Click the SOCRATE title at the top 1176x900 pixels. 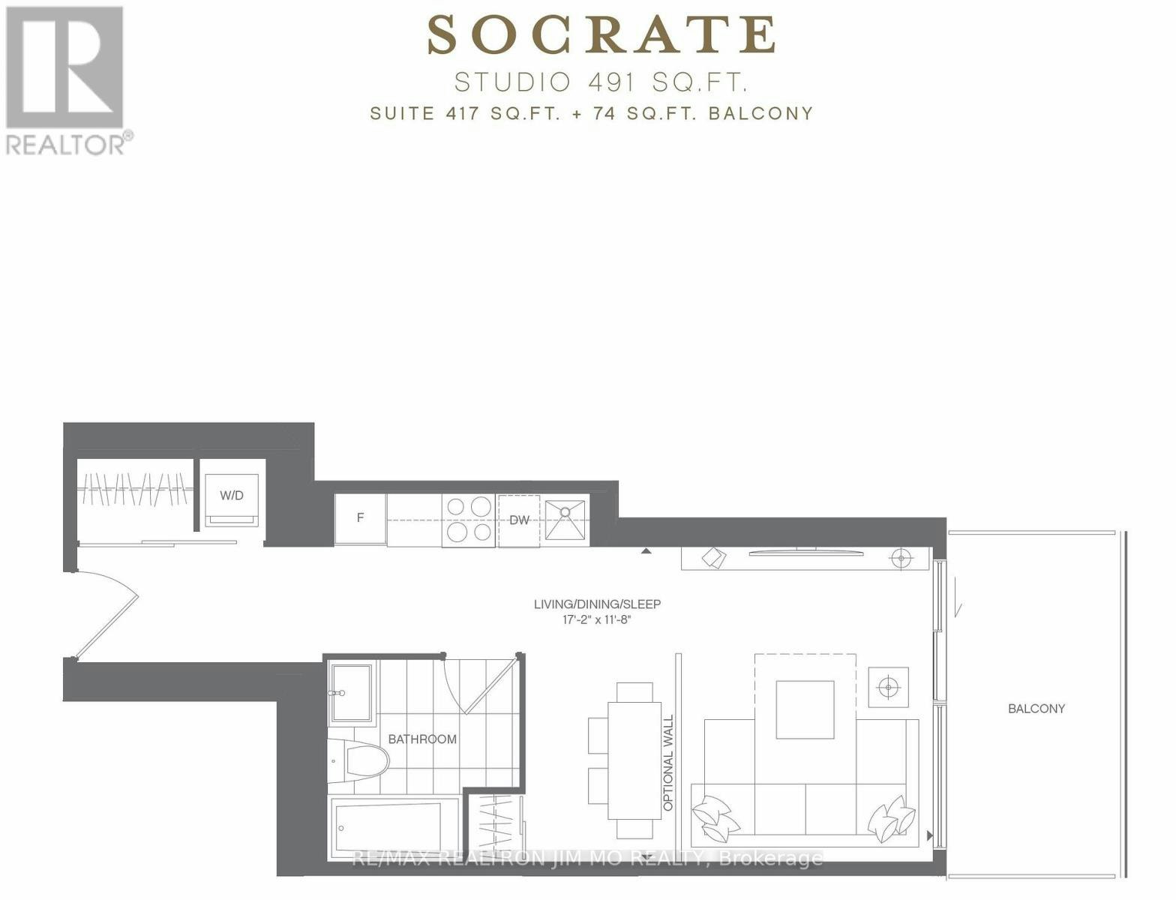click(601, 35)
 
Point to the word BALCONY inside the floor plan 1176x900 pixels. click(1036, 709)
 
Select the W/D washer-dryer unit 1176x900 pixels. click(232, 500)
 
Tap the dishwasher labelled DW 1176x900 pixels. click(518, 520)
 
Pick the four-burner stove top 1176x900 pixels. click(468, 520)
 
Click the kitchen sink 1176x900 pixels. click(565, 520)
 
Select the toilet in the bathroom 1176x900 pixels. click(359, 760)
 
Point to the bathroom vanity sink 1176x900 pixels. click(352, 693)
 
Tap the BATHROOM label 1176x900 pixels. click(422, 739)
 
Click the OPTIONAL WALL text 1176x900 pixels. click(668, 763)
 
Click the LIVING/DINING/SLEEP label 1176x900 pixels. click(598, 604)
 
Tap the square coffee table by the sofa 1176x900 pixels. click(805, 709)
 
